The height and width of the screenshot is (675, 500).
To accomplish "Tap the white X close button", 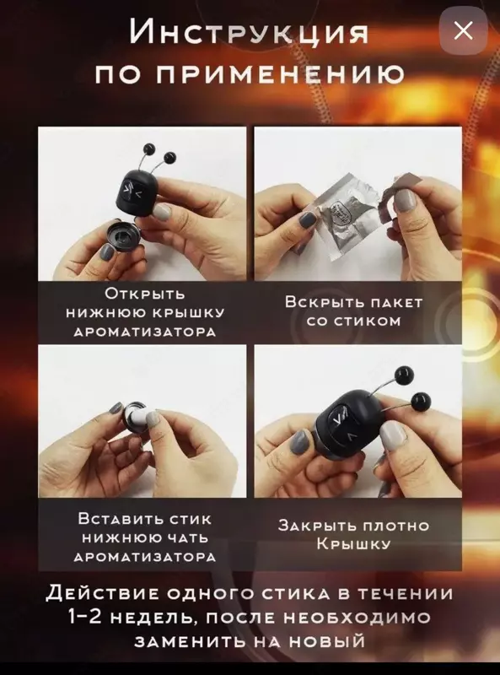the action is tap(463, 30).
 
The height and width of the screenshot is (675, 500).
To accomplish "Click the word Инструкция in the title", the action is tap(249, 32).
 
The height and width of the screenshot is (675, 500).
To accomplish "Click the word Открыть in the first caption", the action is tap(145, 294).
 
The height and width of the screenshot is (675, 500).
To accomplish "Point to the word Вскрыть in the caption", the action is tap(318, 302).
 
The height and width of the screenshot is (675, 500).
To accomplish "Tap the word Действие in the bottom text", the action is tap(104, 594).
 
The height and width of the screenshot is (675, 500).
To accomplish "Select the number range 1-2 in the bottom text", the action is tap(85, 618).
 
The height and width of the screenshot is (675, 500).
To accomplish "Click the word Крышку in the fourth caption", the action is tap(353, 544).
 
